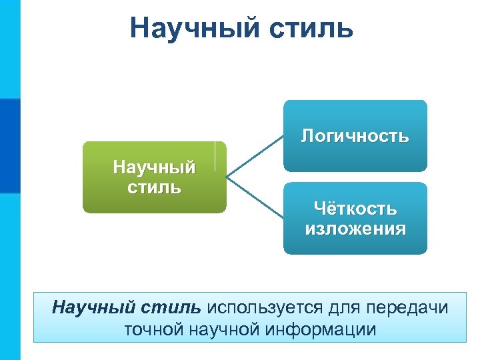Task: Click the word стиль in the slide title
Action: [x=313, y=28]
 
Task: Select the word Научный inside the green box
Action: [x=154, y=166]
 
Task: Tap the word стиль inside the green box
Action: [x=154, y=186]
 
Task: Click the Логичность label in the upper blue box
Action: [x=355, y=137]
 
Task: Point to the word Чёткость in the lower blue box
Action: [x=355, y=209]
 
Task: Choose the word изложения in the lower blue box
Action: [x=355, y=229]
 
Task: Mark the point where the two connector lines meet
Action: [x=228, y=177]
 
